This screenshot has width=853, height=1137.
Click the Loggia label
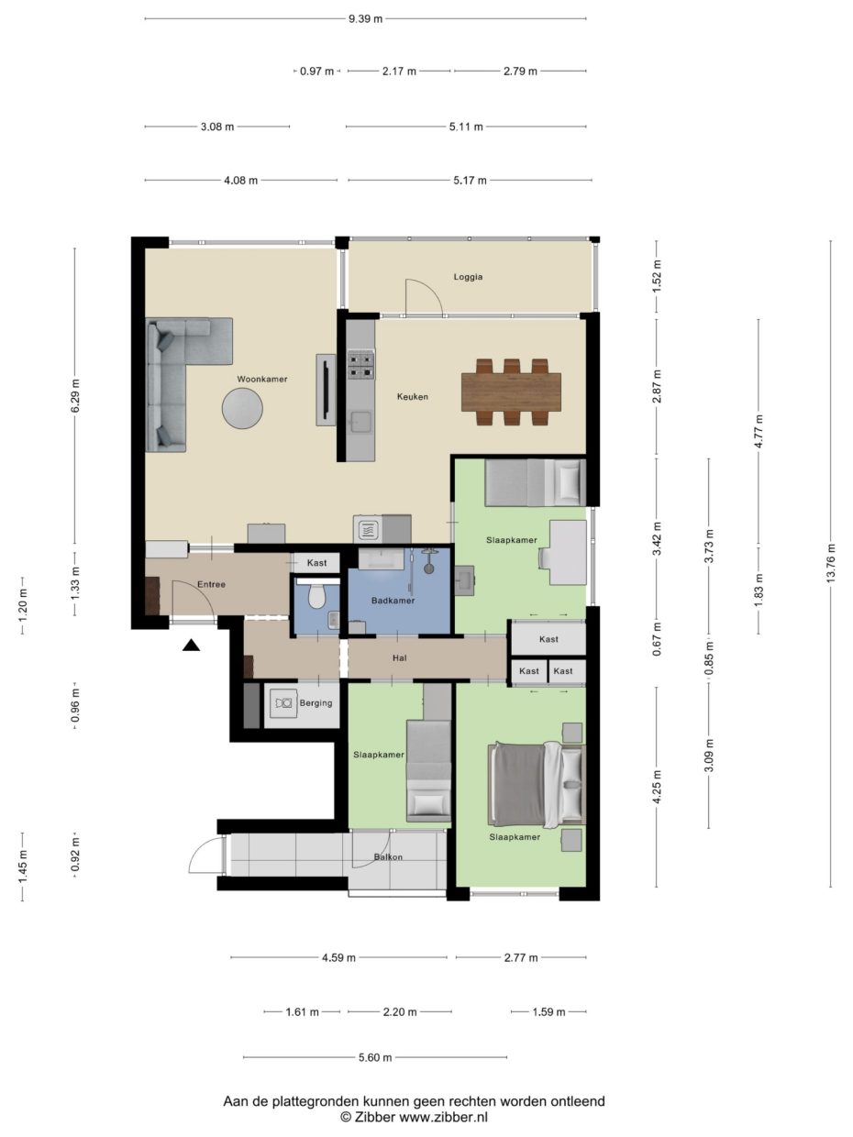[468, 276]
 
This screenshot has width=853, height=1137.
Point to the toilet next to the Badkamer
[316, 597]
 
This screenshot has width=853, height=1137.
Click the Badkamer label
[393, 601]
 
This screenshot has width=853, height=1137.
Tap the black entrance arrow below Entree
[191, 646]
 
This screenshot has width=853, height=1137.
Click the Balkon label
[388, 858]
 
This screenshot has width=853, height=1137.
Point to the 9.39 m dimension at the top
[365, 17]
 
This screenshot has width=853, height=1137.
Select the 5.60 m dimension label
[374, 1057]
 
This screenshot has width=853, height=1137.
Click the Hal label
[399, 657]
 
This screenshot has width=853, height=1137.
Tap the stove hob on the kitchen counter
[360, 365]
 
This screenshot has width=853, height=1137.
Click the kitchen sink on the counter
[361, 421]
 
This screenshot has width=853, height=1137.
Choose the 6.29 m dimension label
[75, 396]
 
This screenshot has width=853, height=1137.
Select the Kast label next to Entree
[317, 562]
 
